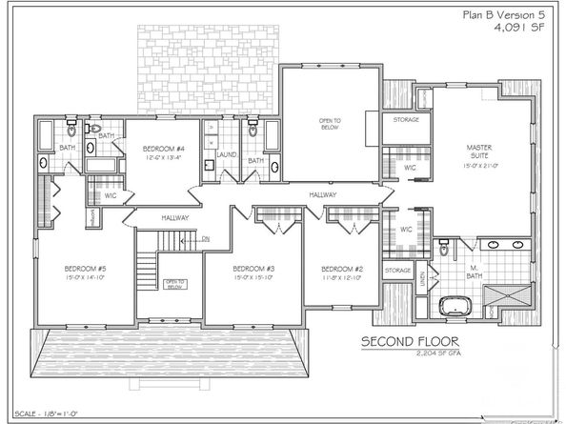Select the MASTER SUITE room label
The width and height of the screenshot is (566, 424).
point(478,152)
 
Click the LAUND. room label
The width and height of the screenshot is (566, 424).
point(226,154)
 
